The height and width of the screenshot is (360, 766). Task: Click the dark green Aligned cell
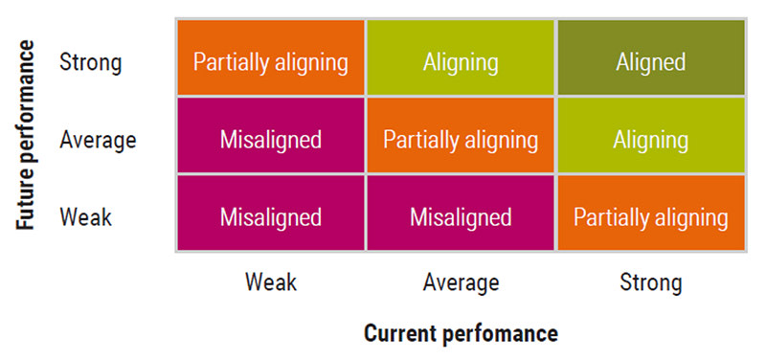[651, 57]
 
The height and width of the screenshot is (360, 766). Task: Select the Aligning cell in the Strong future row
[461, 57]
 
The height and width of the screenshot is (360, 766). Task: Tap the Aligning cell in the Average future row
[651, 135]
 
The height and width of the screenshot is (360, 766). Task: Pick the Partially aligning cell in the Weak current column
[271, 57]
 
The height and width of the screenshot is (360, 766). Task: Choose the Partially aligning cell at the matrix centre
[461, 135]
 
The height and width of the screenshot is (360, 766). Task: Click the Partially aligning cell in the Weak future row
[651, 213]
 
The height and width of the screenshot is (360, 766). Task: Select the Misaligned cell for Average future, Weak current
[271, 135]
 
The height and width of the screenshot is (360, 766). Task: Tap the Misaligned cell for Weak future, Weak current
[271, 213]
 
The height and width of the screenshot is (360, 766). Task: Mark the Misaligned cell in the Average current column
[461, 213]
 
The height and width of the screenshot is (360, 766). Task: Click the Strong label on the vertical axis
[90, 63]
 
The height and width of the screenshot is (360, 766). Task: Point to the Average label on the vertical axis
[98, 140]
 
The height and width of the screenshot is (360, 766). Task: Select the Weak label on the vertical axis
[85, 217]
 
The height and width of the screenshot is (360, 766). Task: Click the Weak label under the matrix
[271, 281]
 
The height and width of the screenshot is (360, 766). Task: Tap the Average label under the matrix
[462, 282]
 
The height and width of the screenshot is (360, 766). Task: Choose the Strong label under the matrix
[651, 283]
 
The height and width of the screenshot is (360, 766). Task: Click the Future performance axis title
[26, 135]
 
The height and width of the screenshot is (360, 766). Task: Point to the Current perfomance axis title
[462, 334]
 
